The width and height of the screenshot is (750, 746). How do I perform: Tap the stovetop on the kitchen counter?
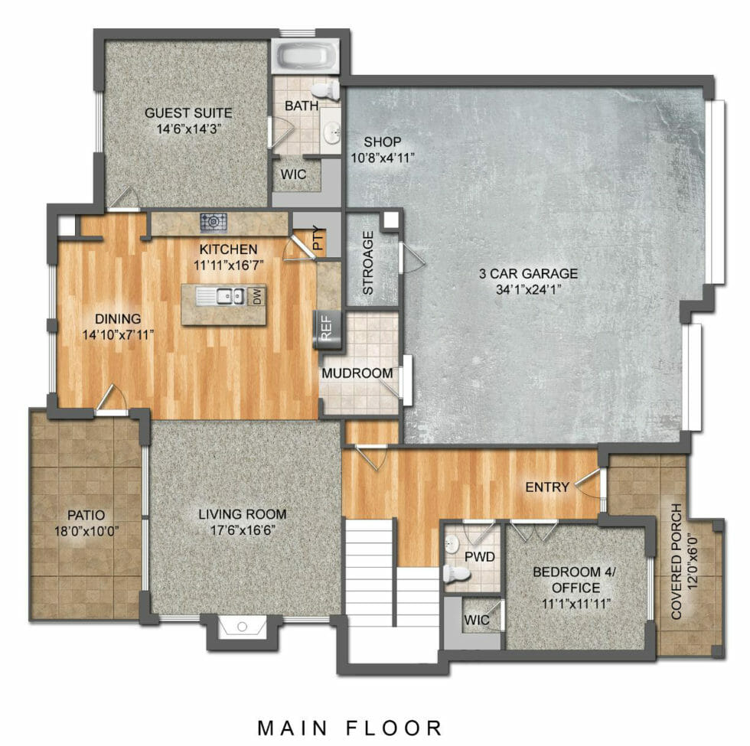214,223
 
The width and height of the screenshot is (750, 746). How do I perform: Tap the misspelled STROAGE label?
367,263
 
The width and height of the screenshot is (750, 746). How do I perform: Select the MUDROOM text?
357,373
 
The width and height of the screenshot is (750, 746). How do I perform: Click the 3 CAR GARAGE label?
528,273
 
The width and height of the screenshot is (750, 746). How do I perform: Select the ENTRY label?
546,487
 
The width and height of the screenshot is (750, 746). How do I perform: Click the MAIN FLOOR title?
349,727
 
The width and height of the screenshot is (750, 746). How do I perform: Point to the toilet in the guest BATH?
326,90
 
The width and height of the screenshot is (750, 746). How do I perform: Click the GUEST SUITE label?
187,112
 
